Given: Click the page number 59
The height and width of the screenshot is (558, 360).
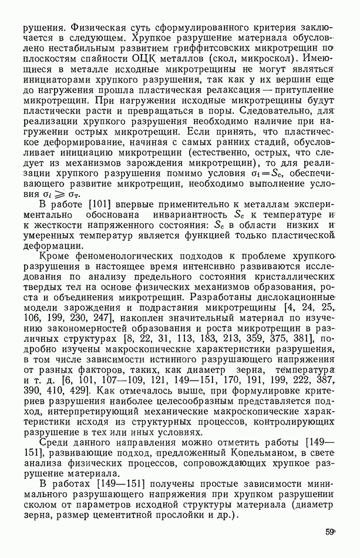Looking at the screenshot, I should (329, 532).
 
